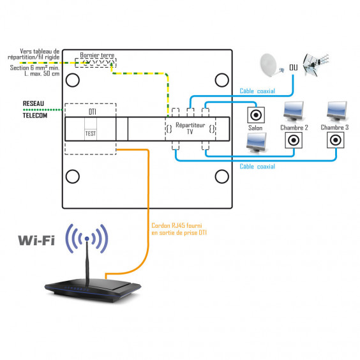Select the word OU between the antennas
click(293, 67)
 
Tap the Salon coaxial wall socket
click(256, 116)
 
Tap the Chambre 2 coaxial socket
click(294, 140)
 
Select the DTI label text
click(92, 112)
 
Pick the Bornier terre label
click(97, 56)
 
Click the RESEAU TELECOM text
click(34, 110)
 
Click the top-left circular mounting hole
click(73, 80)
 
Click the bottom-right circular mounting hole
click(221, 176)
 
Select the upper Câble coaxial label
click(257, 91)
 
